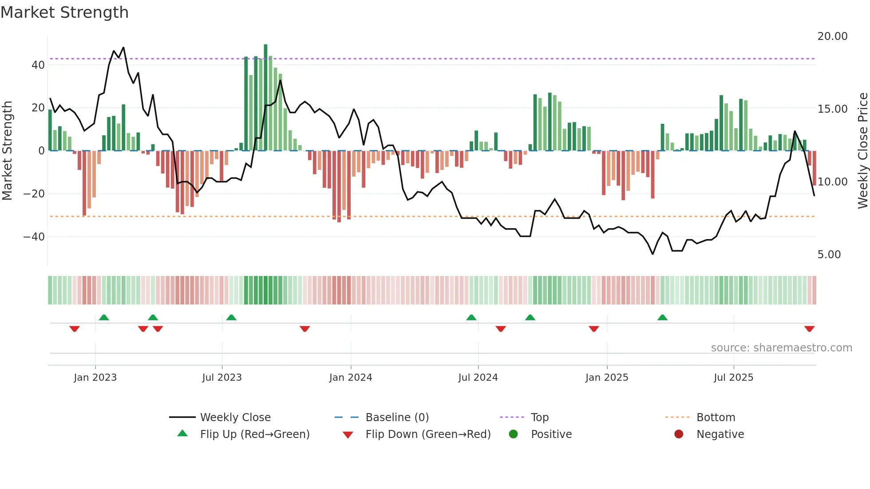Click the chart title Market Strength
(x=64, y=12)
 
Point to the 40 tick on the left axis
(x=38, y=65)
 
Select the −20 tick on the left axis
(x=34, y=194)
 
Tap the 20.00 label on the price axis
(x=832, y=36)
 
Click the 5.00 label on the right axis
(x=829, y=255)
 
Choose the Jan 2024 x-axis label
(x=350, y=378)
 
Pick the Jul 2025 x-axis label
(x=733, y=378)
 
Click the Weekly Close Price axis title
(x=862, y=151)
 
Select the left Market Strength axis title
(x=7, y=151)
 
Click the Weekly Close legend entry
(x=235, y=418)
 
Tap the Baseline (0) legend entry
(x=397, y=418)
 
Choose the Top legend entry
(x=539, y=418)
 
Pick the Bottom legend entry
(x=716, y=418)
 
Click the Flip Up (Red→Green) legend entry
(x=254, y=434)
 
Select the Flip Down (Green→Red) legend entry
(x=428, y=434)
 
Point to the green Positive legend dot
(x=513, y=434)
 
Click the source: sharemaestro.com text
(x=781, y=348)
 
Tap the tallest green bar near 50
(x=265, y=98)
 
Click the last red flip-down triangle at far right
(x=809, y=329)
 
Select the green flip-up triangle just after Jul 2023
(x=231, y=317)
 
